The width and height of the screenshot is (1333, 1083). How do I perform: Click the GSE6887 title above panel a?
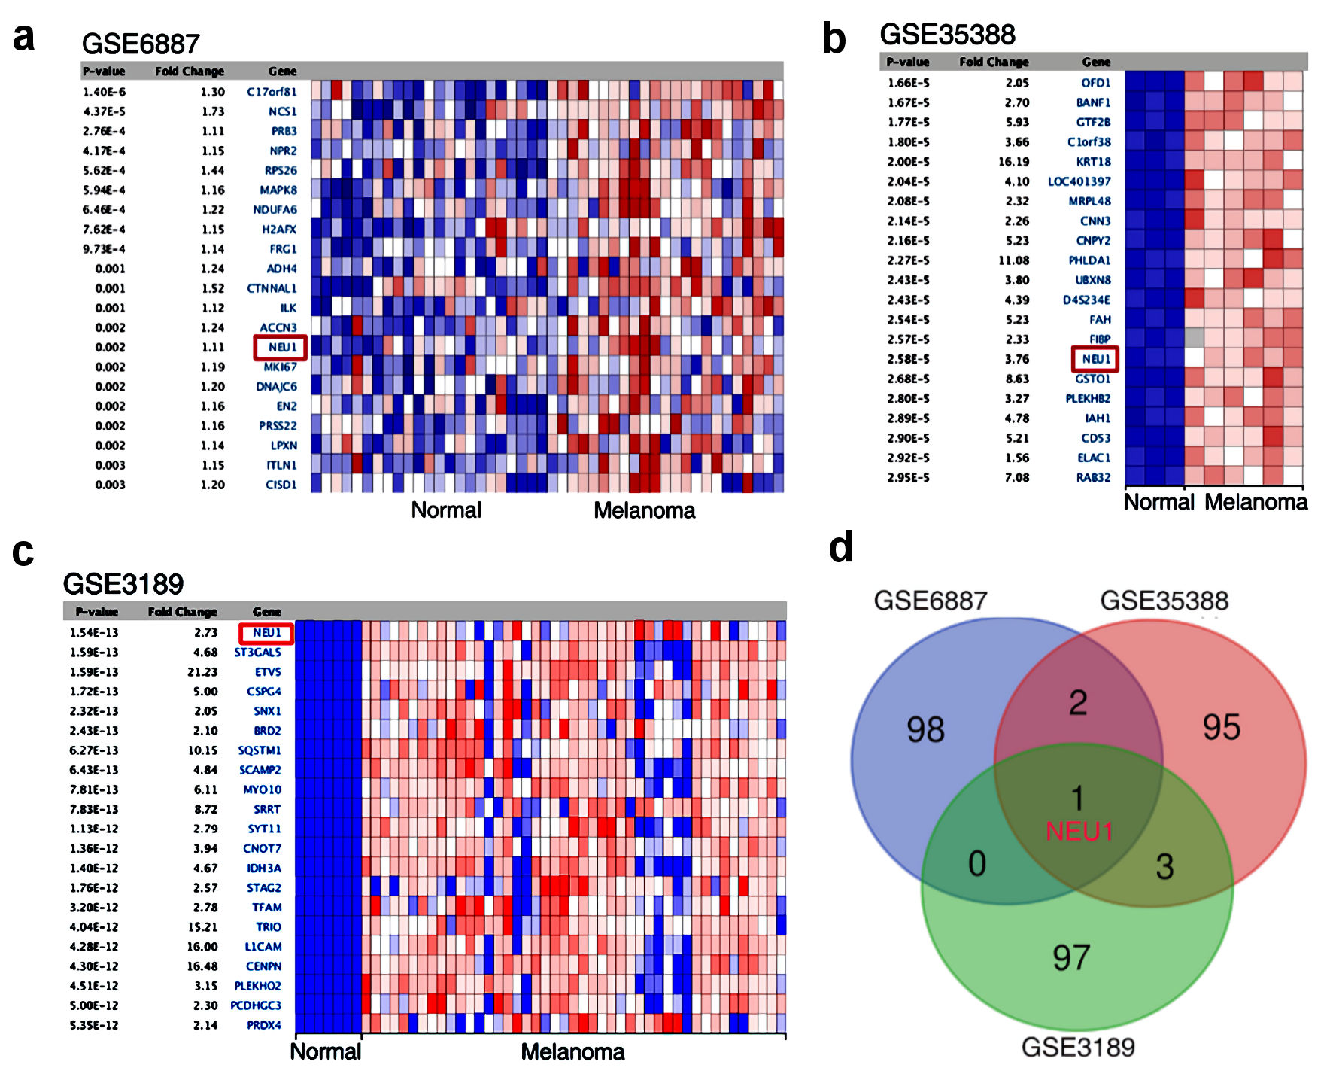click(x=141, y=44)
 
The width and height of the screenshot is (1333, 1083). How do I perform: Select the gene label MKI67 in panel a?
click(x=280, y=367)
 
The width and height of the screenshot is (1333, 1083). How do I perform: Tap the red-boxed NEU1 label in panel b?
click(x=1095, y=359)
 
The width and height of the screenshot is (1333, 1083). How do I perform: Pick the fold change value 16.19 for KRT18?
click(x=1013, y=162)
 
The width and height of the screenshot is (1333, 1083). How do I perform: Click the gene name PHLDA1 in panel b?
click(x=1089, y=260)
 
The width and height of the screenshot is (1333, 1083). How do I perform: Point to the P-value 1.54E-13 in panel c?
click(x=94, y=633)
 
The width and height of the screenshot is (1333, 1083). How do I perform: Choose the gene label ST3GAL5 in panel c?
click(x=257, y=653)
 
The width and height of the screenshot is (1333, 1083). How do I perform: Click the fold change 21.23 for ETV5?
click(x=202, y=672)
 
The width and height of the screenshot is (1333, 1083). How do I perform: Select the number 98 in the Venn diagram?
click(x=925, y=729)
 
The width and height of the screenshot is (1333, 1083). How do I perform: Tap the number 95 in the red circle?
click(x=1221, y=727)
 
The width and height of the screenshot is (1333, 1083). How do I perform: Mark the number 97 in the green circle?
click(x=1071, y=957)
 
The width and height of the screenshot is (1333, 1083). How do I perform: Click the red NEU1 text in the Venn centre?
click(x=1079, y=832)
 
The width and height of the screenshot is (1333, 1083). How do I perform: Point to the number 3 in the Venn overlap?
click(x=1164, y=867)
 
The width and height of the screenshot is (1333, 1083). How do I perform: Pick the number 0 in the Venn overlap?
click(x=976, y=863)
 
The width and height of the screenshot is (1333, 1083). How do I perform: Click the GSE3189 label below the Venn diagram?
click(x=1077, y=1047)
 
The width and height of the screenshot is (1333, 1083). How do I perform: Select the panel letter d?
click(x=840, y=547)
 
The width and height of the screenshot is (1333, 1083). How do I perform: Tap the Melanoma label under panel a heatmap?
click(x=644, y=510)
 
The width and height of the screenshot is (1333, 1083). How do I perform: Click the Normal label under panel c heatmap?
click(x=325, y=1051)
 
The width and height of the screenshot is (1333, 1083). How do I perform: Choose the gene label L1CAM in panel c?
click(x=263, y=947)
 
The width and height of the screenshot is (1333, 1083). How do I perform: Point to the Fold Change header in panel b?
click(x=994, y=62)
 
